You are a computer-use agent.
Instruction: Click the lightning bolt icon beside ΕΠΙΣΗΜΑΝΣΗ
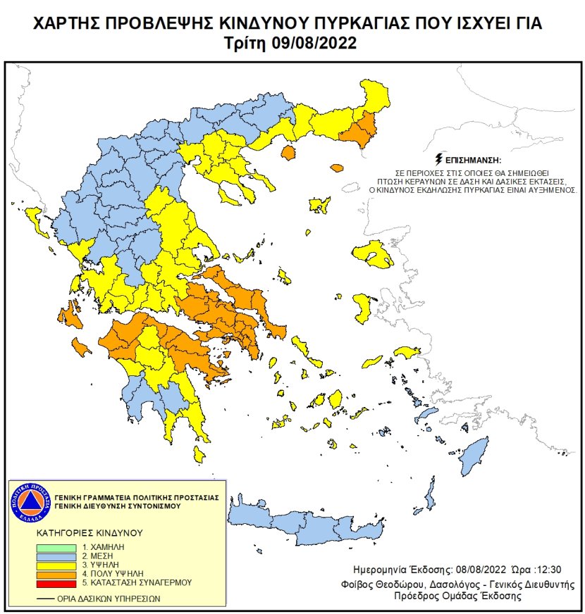coord(441,159)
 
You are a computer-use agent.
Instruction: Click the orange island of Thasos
coord(288,151)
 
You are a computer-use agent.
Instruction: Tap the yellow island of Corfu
coord(32,222)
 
